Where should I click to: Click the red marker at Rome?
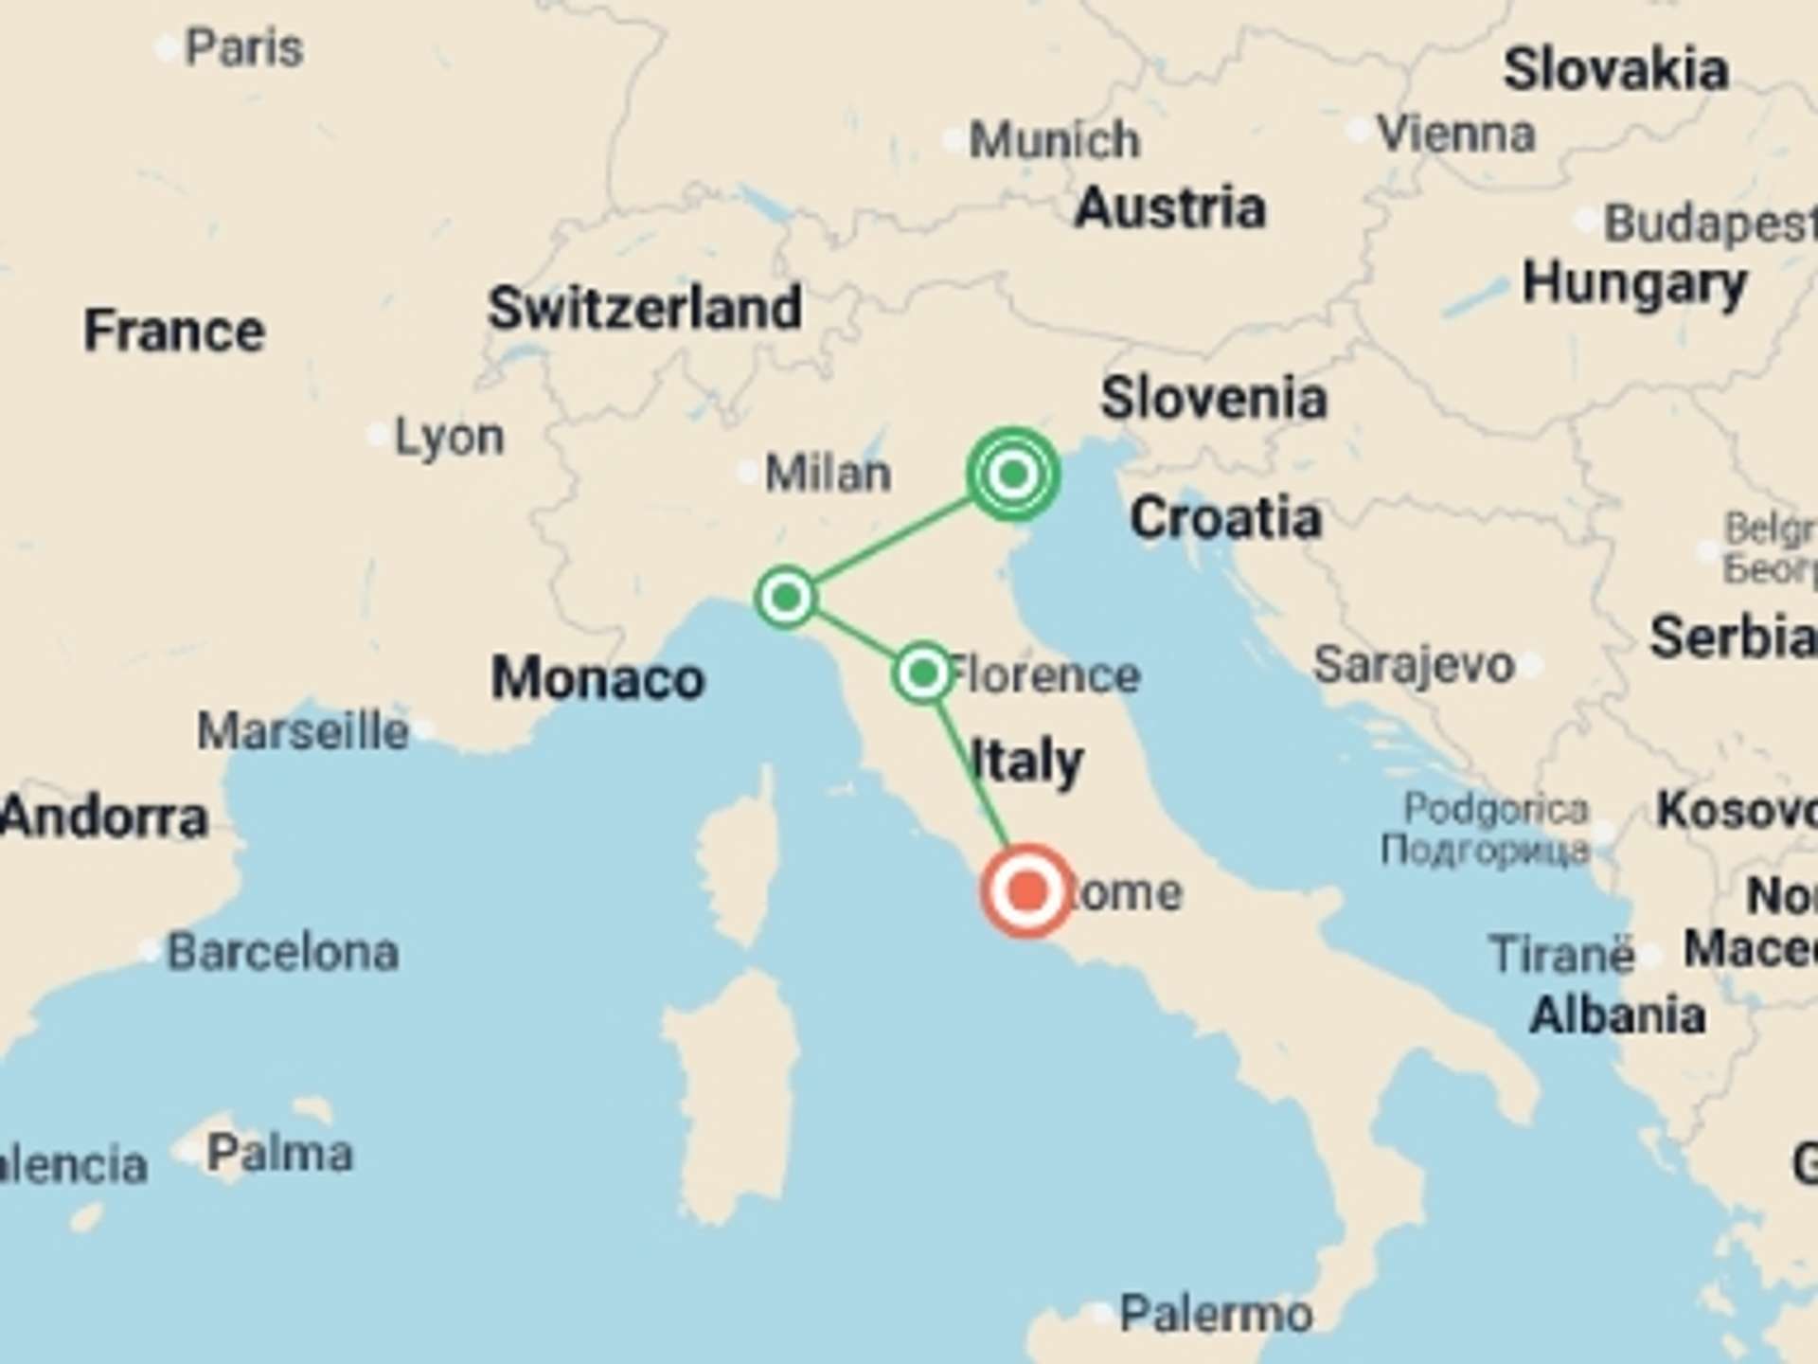pos(1027,891)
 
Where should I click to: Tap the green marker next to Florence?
pos(922,673)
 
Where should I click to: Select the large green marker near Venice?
pos(1013,474)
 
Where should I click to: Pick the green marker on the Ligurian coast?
pos(786,598)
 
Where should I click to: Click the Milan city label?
pos(828,473)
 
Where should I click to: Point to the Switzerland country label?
pos(644,308)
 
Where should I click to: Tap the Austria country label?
pos(1169,207)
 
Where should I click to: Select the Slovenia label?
pos(1213,398)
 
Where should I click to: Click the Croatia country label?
pos(1225,518)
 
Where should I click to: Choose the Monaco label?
pos(597,678)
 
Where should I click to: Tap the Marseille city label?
pos(303,731)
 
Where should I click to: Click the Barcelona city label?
pos(282,952)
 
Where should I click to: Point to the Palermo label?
pos(1216,1314)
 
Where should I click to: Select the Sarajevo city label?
pos(1414,665)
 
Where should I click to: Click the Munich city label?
pos(1055,141)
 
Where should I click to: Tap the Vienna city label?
pos(1455,134)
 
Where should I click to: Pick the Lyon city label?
pos(449,438)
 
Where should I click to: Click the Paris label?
pos(244,48)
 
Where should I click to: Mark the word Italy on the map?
pos(1027,761)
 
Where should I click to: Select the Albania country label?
pos(1617,1015)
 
